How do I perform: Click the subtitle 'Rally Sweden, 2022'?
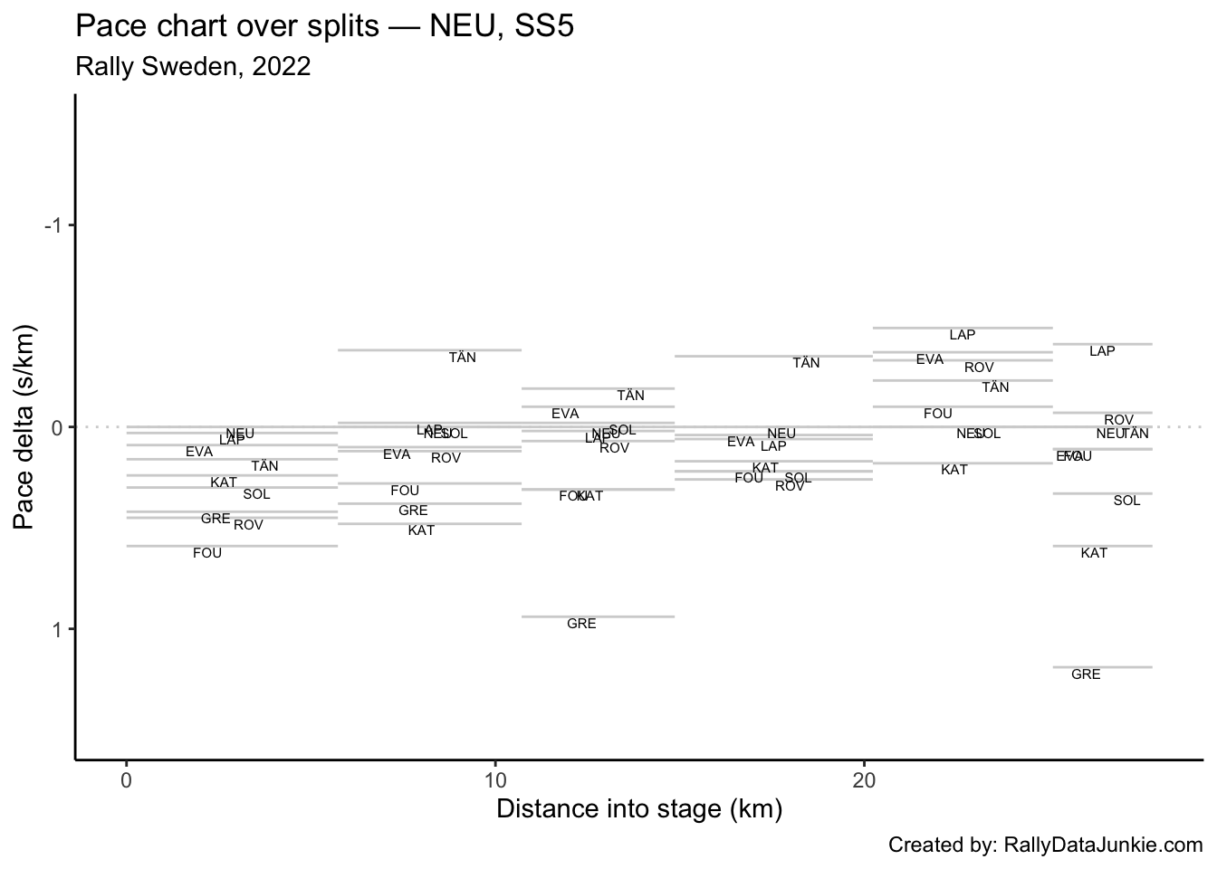coord(193,66)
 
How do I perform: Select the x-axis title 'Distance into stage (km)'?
coord(639,808)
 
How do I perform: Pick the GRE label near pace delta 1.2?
coord(1086,674)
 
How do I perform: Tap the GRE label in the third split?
coord(581,624)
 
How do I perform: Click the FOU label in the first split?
coord(207,553)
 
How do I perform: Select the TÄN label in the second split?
coord(463,358)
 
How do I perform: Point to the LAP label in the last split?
coord(1102,351)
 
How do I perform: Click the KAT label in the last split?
coord(1094,553)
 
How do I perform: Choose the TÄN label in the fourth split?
coord(806,363)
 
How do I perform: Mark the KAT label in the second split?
coord(421,530)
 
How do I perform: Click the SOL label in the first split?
coord(256,494)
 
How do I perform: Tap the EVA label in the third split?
coord(565,414)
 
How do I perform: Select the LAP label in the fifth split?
coord(963,335)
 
